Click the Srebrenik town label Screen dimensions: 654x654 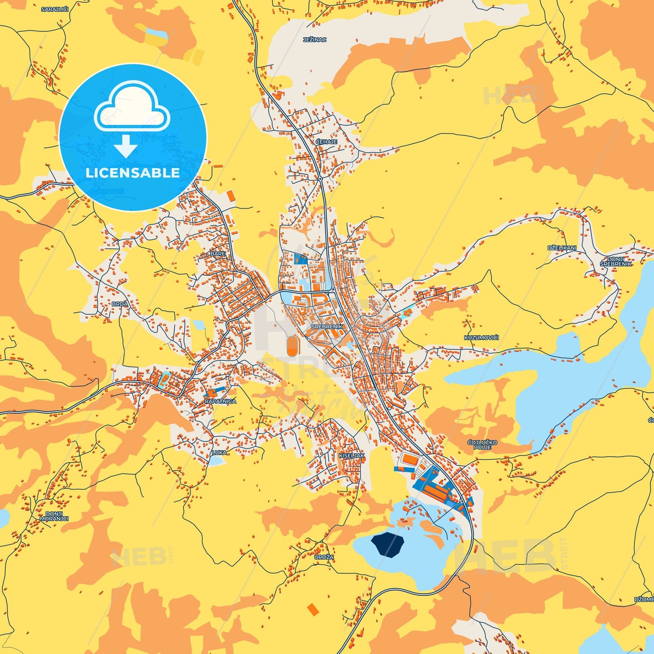pos(327,326)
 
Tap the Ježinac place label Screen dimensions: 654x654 pos(315,40)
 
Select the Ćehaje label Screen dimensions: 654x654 pos(326,142)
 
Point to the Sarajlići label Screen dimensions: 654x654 pos(55,9)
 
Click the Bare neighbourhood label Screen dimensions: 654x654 pos(218,254)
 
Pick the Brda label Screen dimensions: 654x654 pos(120,304)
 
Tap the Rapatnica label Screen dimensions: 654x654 pos(220,401)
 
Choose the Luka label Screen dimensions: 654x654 pos(220,452)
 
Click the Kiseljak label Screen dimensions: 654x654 pos(352,455)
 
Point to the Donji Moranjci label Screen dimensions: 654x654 pos(54,516)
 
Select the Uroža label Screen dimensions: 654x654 pos(324,557)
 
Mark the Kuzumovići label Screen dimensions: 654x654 pos(481,338)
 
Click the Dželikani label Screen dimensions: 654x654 pos(562,248)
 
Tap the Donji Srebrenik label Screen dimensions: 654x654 pos(616,262)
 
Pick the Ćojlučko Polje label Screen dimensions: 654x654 pos(482,444)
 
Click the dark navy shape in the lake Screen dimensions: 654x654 pos(387,544)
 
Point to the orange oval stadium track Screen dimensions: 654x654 pos(292,346)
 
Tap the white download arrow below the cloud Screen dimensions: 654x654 pos(126,146)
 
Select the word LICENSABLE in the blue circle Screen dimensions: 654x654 pos(133,173)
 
